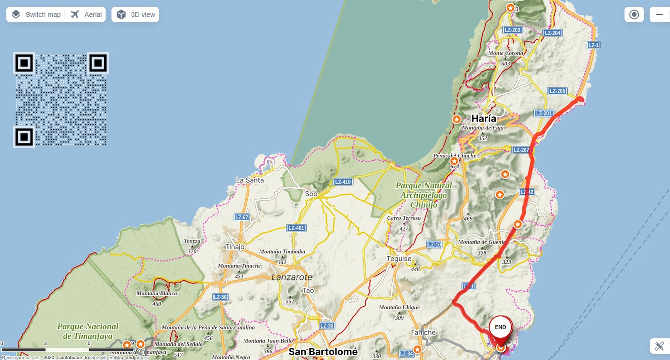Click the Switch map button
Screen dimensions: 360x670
pyautogui.click(x=36, y=15)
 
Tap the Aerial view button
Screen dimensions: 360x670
pyautogui.click(x=86, y=15)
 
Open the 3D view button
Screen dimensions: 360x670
pyautogui.click(x=135, y=15)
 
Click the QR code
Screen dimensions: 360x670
pyautogui.click(x=61, y=100)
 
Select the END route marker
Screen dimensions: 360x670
pyautogui.click(x=500, y=327)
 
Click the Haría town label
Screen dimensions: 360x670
pyautogui.click(x=484, y=119)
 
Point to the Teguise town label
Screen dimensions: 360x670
pyautogui.click(x=399, y=259)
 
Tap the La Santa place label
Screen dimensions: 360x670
pyautogui.click(x=250, y=180)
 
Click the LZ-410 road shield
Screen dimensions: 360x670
pyautogui.click(x=343, y=182)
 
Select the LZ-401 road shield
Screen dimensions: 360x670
pyautogui.click(x=296, y=228)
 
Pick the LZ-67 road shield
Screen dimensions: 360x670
pyautogui.click(x=241, y=218)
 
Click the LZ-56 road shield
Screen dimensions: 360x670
pyautogui.click(x=220, y=297)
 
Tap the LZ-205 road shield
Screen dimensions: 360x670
pyautogui.click(x=557, y=91)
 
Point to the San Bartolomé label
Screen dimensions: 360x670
pyautogui.click(x=323, y=352)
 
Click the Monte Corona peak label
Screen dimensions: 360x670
pyautogui.click(x=506, y=53)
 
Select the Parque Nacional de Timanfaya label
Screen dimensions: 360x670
pyautogui.click(x=88, y=331)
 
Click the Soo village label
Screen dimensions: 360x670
pyautogui.click(x=311, y=194)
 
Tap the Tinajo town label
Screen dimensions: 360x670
pyautogui.click(x=235, y=247)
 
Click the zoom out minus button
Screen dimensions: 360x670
pyautogui.click(x=659, y=15)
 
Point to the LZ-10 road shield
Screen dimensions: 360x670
pyautogui.click(x=434, y=244)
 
